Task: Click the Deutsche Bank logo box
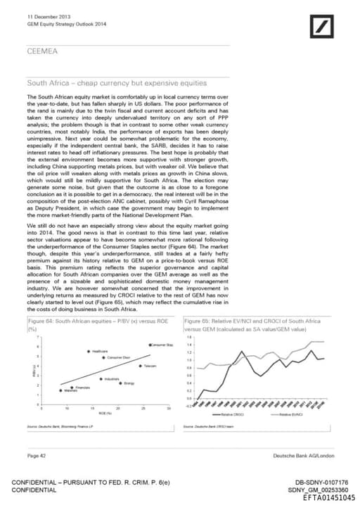(x=323, y=27)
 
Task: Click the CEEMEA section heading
(x=43, y=51)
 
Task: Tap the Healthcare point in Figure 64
(x=89, y=351)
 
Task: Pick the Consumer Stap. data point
(x=150, y=345)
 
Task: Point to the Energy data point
(x=121, y=383)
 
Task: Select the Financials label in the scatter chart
(x=82, y=387)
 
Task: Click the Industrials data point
(x=101, y=379)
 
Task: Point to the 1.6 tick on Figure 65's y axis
(x=189, y=337)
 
